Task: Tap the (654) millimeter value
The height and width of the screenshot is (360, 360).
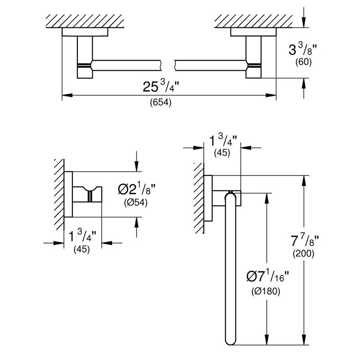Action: point(161,102)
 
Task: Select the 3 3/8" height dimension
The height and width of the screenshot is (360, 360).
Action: point(303,49)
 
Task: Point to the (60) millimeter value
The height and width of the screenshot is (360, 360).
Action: point(303,62)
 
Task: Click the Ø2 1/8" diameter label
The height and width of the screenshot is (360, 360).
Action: point(137,189)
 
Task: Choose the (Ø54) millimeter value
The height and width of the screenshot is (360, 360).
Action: point(136,202)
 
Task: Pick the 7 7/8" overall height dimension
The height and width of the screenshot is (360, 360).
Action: point(305,241)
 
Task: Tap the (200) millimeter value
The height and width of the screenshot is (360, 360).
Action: point(303,253)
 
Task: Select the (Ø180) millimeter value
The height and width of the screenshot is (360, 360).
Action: point(266,291)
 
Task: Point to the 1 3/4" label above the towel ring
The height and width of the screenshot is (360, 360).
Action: point(223,140)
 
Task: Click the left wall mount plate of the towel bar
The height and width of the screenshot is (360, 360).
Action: point(85,32)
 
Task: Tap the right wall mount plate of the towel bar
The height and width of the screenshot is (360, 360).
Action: point(253,32)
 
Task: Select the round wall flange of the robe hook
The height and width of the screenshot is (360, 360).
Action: point(68,194)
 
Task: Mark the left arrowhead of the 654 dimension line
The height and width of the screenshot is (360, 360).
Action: point(67,95)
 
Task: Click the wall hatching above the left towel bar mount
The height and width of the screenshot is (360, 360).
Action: point(85,21)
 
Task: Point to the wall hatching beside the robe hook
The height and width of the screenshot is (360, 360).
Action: point(59,194)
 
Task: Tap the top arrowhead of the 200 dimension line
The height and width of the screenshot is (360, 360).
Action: point(304,181)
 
